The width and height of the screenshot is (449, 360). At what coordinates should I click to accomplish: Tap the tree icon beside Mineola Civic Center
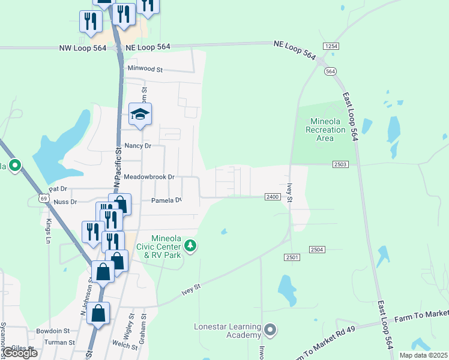pos(190,245)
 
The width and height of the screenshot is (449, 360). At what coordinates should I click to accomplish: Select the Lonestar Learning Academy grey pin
pos(270,329)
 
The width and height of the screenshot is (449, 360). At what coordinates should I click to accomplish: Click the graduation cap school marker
pos(140,114)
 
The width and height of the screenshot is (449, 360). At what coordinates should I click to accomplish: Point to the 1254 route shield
pos(330,46)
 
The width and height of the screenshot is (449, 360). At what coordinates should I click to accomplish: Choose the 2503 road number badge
pos(340,164)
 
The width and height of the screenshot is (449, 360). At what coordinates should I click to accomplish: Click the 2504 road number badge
pos(317,249)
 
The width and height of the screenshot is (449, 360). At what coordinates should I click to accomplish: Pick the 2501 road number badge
pos(292,257)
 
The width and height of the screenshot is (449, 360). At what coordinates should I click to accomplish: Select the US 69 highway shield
pos(43,197)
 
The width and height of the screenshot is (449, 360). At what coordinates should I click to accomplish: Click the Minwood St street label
pos(145,69)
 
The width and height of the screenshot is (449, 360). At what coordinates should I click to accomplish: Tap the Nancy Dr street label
pos(137,146)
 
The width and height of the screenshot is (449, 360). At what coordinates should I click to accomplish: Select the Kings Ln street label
pos(49,231)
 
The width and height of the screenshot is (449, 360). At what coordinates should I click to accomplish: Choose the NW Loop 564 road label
pos(83,48)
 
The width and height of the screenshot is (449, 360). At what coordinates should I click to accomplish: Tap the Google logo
pos(20,353)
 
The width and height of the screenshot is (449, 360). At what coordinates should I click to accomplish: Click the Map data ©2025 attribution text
pos(423,355)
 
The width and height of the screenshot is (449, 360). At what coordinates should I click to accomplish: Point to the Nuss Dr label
pos(65,202)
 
